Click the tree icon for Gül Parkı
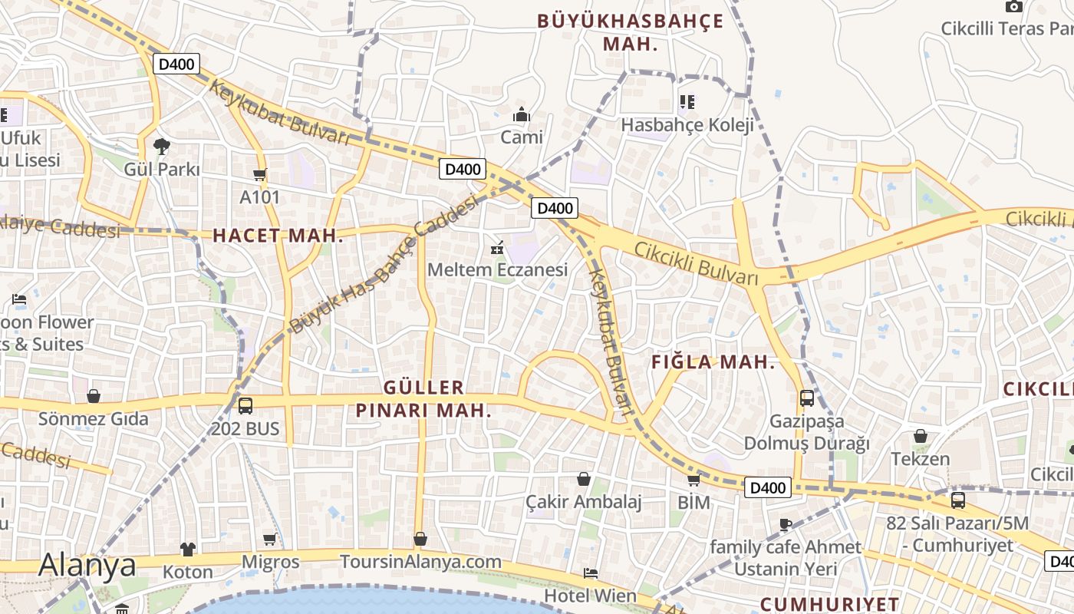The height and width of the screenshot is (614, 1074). point(161,146)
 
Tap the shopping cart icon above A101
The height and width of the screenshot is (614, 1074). point(260,175)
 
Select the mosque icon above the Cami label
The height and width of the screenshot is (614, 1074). point(522,115)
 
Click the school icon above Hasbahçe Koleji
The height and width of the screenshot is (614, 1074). point(687,102)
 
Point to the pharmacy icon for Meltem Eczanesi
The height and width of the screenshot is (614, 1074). point(497,247)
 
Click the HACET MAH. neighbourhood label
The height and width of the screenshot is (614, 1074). point(278,236)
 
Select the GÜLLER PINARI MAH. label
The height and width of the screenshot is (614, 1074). point(423,399)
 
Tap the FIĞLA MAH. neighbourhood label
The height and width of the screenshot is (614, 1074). point(713,363)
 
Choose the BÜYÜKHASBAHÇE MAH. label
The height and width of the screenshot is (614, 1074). point(630,32)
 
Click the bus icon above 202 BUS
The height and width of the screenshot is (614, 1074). point(245,405)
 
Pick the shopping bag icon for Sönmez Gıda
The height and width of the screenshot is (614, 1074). point(94,396)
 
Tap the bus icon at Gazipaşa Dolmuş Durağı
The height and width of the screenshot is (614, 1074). point(807,398)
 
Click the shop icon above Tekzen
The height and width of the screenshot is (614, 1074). point(921,437)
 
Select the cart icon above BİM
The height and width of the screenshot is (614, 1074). point(693,480)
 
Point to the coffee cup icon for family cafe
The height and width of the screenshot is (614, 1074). point(785,525)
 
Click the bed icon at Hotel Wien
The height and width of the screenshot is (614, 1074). point(590,573)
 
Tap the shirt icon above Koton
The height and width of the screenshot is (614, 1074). point(188,549)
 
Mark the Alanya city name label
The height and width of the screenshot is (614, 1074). point(87,565)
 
